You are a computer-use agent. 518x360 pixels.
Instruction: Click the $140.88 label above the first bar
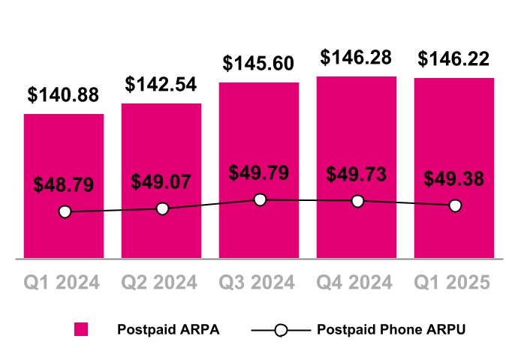point(64,95)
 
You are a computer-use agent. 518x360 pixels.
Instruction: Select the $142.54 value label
point(161,84)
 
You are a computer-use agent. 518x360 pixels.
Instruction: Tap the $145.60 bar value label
point(259,64)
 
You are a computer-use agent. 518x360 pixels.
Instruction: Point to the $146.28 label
point(357,57)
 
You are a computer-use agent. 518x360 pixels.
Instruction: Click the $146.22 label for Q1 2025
point(454,58)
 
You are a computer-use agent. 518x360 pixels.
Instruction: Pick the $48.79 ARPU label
point(64,184)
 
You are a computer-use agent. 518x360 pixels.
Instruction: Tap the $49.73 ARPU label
point(357,174)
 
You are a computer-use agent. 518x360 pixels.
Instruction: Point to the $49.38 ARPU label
point(454,179)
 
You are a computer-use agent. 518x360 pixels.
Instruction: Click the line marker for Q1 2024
point(65,212)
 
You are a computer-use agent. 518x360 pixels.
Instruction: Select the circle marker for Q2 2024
point(162,208)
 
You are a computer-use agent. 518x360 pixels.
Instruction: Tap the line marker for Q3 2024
point(260,199)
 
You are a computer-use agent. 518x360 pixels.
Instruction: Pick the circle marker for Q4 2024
point(357,201)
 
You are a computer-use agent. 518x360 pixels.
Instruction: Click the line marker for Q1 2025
point(455,205)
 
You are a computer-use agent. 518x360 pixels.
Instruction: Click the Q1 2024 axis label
point(64,282)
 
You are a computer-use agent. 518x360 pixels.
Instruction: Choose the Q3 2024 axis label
point(259,282)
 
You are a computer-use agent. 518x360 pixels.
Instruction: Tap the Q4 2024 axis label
point(357,282)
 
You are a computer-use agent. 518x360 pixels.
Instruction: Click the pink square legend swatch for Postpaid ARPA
point(81,329)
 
